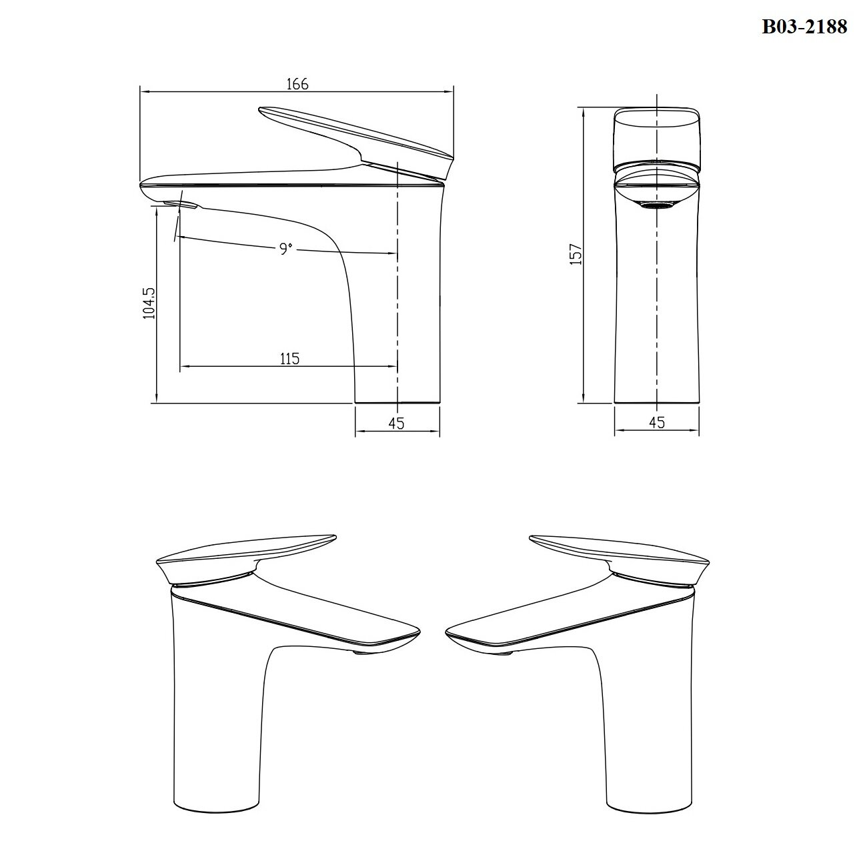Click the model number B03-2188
click(x=804, y=27)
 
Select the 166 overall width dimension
click(x=297, y=84)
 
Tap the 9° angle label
click(x=285, y=248)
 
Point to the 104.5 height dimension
click(x=149, y=303)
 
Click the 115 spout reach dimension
click(x=289, y=359)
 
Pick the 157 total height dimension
click(x=576, y=254)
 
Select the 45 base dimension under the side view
click(x=396, y=423)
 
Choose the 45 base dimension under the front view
click(x=657, y=422)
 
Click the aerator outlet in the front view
click(x=658, y=205)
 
